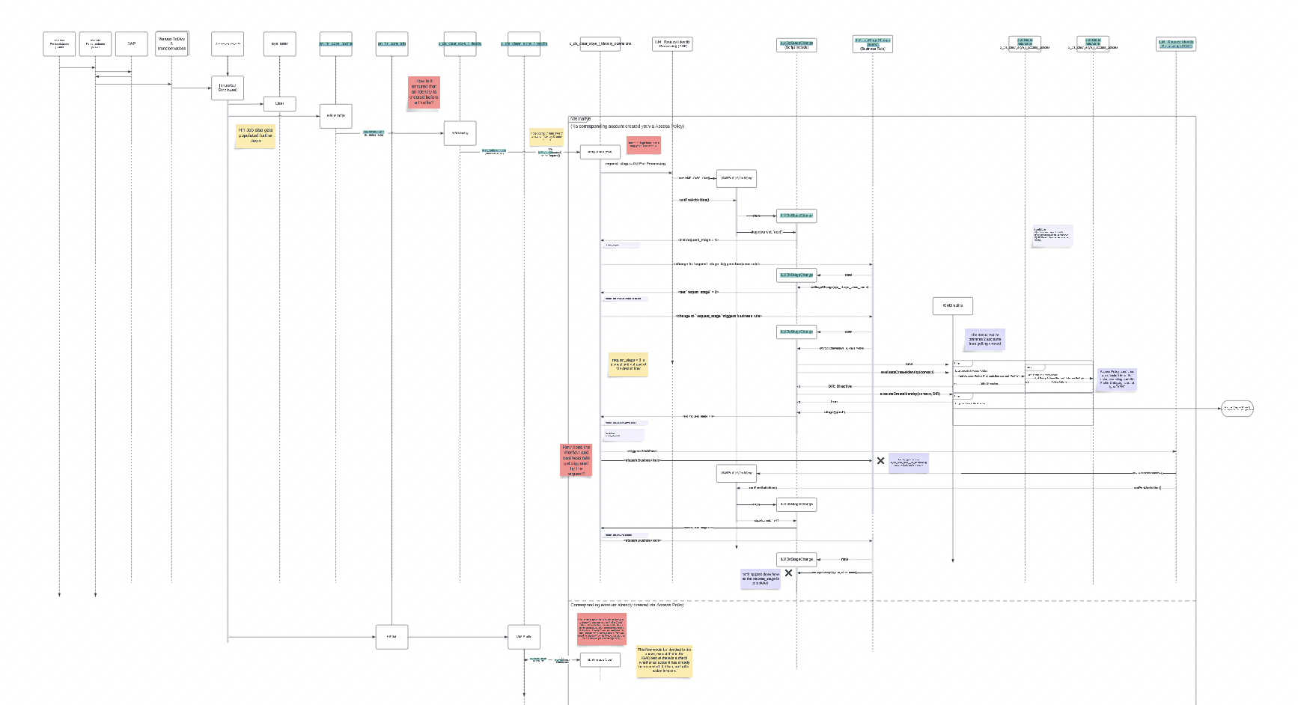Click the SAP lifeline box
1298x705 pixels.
click(x=132, y=43)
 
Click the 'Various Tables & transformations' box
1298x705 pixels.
click(x=171, y=43)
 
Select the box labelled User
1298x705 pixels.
click(x=279, y=103)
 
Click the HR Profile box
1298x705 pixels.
click(x=335, y=116)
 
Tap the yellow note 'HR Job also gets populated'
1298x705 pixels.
click(x=255, y=135)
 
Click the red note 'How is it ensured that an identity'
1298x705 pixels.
click(x=424, y=93)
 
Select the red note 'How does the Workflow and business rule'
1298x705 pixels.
click(x=576, y=460)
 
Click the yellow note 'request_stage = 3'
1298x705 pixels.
click(x=628, y=364)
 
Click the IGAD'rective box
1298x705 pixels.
click(x=952, y=305)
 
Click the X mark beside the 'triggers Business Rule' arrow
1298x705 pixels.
click(x=880, y=460)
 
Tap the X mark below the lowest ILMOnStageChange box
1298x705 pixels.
click(x=788, y=573)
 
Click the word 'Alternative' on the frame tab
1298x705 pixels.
click(x=580, y=119)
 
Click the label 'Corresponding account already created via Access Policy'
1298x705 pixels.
click(x=627, y=605)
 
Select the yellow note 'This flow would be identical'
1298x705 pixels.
click(x=664, y=660)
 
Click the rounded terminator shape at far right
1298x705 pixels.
click(x=1237, y=409)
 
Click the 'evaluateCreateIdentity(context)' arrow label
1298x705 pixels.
click(x=907, y=372)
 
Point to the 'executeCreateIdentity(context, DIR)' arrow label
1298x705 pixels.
click(x=909, y=394)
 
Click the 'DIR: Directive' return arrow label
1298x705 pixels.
click(x=840, y=386)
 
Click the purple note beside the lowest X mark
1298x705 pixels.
click(x=761, y=578)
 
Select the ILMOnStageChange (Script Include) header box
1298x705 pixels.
click(x=796, y=45)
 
